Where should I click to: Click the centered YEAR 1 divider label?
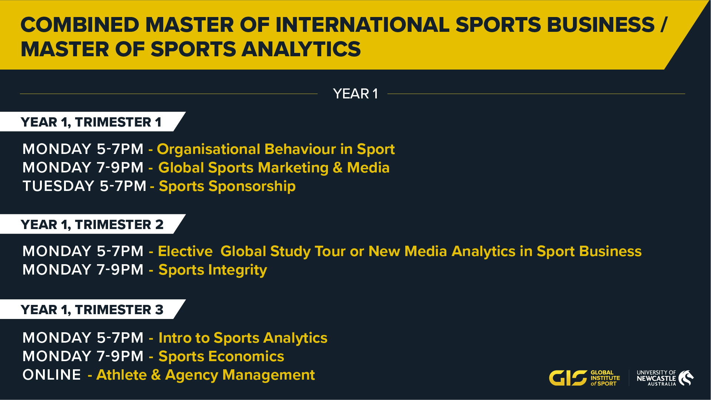point(355,94)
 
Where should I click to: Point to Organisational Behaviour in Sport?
point(276,149)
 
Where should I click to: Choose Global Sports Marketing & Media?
point(274,168)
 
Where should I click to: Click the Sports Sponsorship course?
point(227,186)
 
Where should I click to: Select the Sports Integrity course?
point(213,270)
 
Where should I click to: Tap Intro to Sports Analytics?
point(243,338)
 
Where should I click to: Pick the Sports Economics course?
point(221,356)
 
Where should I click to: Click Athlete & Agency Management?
point(205,375)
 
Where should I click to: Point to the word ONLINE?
point(52,375)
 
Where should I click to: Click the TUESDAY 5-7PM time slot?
point(84,186)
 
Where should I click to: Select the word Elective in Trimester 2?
point(185,251)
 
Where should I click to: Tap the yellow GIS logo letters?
point(568,378)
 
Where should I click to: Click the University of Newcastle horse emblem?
point(686,378)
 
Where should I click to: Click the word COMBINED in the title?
point(80,25)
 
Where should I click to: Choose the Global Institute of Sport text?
point(605,378)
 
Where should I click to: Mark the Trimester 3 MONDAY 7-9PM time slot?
point(83,356)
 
